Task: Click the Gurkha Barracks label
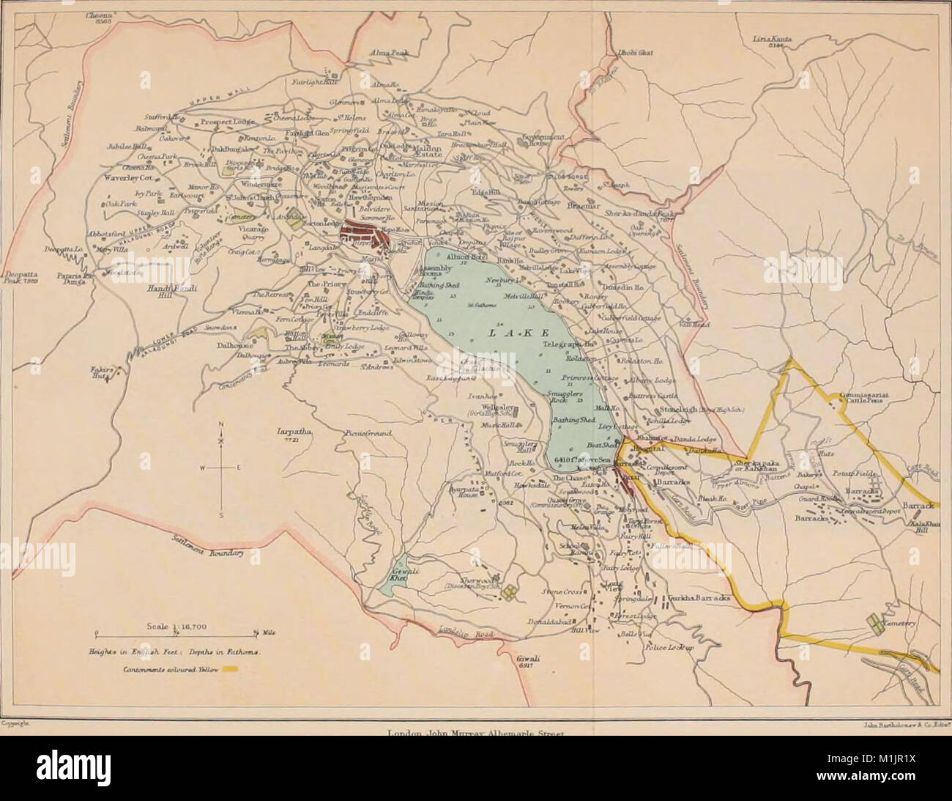click(696, 598)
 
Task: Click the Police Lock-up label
click(668, 647)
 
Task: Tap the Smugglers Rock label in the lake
click(565, 397)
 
